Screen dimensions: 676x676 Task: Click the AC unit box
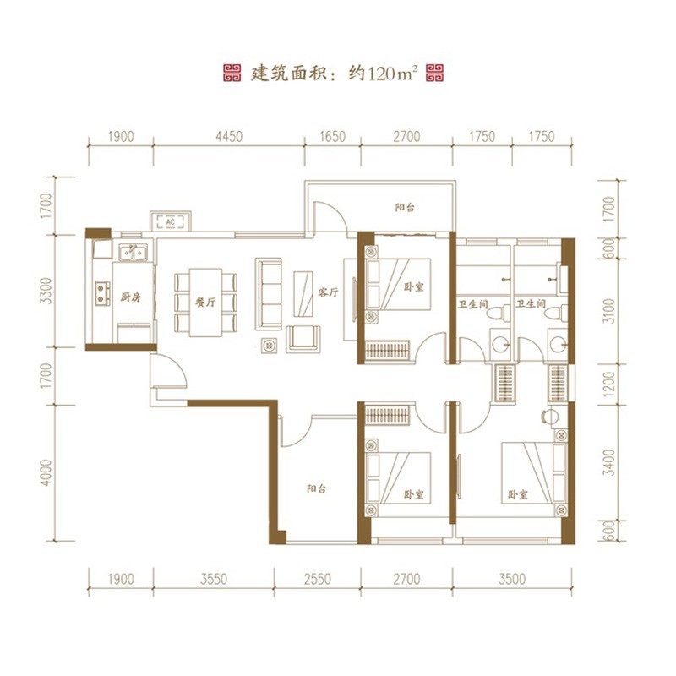tap(171, 221)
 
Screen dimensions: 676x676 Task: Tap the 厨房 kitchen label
tap(131, 297)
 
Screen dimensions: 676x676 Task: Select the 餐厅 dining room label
tap(205, 302)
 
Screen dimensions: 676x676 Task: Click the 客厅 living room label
tap(328, 292)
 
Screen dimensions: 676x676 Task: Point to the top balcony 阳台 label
tap(405, 208)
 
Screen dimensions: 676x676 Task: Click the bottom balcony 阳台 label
tap(316, 488)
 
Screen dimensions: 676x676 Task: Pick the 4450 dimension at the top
tap(229, 137)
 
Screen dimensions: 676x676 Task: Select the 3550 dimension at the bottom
tap(214, 579)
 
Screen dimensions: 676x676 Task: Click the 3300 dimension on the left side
tap(46, 291)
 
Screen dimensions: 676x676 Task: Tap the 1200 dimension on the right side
tap(608, 384)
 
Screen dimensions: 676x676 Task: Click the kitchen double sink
tap(134, 253)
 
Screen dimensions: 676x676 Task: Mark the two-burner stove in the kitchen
tap(102, 293)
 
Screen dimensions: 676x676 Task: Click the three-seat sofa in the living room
tap(269, 288)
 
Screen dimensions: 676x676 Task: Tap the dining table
tap(205, 303)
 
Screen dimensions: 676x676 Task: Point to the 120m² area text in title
tap(393, 74)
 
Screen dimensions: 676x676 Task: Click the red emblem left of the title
tap(232, 74)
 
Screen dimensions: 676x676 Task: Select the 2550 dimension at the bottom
tap(318, 579)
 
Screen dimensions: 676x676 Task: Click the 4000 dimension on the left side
tap(46, 472)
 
